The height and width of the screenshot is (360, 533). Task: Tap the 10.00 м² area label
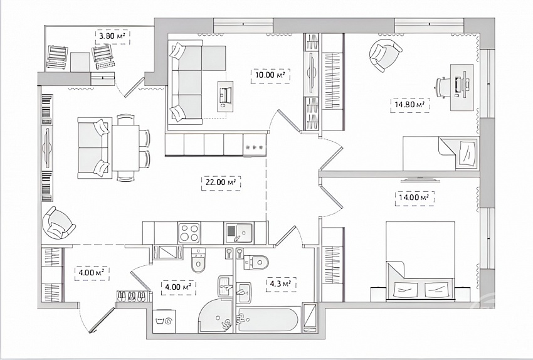270,75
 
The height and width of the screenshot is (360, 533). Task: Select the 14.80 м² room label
410,105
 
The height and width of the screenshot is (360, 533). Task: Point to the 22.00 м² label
221,183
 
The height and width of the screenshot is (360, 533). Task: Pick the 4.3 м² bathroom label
281,285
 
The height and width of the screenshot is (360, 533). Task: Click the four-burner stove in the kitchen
189,232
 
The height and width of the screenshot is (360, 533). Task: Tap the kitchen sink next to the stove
238,233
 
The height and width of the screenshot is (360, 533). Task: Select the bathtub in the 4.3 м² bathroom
268,319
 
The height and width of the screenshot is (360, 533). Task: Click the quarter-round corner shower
216,316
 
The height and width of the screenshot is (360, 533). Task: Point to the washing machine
164,321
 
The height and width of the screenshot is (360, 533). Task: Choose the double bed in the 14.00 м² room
420,261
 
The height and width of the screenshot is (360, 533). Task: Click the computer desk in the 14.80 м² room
462,87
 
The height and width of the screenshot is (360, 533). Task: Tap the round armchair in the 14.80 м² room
385,55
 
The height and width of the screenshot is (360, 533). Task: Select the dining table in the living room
125,148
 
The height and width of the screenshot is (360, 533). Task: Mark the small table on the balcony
80,62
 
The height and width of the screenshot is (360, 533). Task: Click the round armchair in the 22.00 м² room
58,223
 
